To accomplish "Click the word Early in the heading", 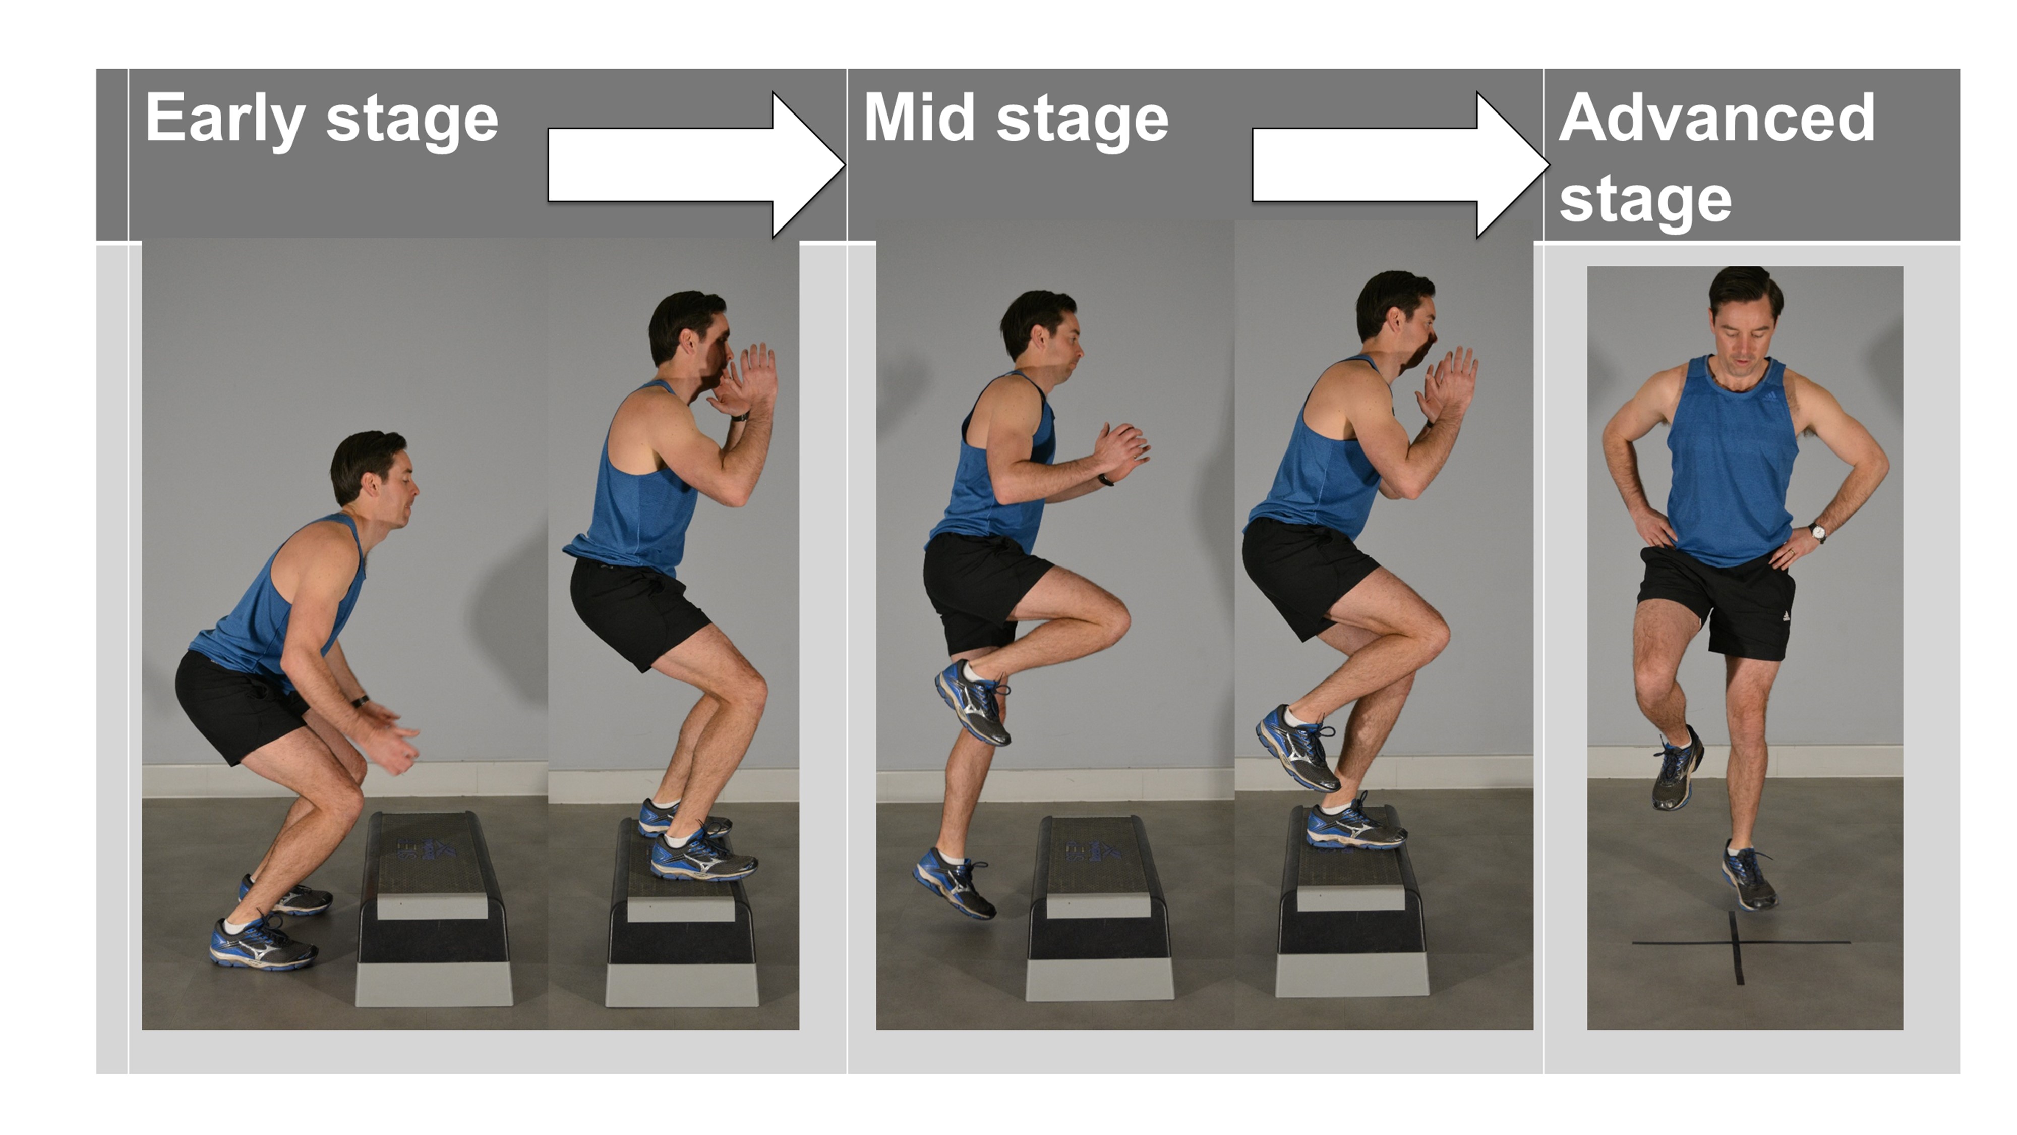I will tap(224, 119).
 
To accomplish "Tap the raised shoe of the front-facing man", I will tap(1676, 772).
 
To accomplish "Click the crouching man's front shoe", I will tap(262, 944).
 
